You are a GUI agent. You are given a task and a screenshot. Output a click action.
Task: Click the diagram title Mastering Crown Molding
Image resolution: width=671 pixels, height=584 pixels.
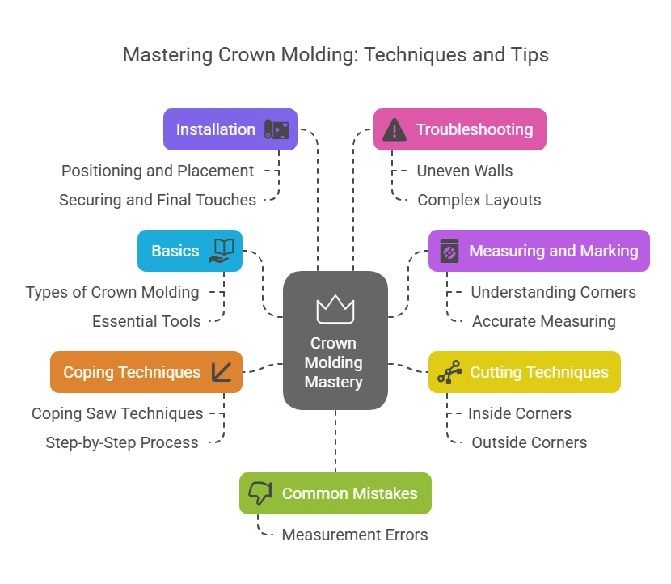tap(335, 55)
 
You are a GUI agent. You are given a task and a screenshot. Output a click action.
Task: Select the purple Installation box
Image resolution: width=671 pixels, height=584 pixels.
tap(230, 129)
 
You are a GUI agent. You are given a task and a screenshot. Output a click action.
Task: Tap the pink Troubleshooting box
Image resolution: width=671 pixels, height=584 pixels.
tap(459, 129)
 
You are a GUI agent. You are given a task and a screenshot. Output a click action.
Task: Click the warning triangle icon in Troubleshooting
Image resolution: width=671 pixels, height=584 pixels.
tap(395, 129)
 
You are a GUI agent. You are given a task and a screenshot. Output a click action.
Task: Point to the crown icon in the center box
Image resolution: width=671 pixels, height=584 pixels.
tap(335, 308)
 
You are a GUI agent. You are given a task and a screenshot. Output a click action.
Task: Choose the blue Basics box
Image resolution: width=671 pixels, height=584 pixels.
tap(189, 251)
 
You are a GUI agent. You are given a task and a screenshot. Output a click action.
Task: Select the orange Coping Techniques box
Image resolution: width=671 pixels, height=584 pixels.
tap(146, 372)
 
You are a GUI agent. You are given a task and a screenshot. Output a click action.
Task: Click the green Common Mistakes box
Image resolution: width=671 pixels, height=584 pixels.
tap(335, 493)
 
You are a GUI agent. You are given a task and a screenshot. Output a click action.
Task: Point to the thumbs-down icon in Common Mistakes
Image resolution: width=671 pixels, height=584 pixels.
tap(260, 493)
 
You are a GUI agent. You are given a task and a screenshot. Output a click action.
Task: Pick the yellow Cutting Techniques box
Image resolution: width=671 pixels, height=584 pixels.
tap(524, 372)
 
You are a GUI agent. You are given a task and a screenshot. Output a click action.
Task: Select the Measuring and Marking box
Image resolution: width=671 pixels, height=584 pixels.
tap(538, 251)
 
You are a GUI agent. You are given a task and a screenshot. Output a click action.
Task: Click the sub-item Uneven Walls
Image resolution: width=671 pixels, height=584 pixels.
tap(464, 171)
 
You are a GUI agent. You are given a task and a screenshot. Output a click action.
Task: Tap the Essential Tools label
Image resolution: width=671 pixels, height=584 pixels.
tap(146, 321)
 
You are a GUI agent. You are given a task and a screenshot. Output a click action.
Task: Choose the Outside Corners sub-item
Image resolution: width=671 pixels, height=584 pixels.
tap(529, 442)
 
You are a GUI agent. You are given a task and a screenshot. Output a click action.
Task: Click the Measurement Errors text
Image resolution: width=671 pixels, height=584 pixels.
tap(354, 535)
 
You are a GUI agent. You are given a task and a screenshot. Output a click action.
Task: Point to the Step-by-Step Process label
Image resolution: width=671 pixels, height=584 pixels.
tap(122, 442)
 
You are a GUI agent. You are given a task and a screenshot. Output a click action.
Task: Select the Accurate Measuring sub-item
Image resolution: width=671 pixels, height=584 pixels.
tap(543, 321)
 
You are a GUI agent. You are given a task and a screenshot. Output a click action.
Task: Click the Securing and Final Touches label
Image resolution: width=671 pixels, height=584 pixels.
tap(158, 200)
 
